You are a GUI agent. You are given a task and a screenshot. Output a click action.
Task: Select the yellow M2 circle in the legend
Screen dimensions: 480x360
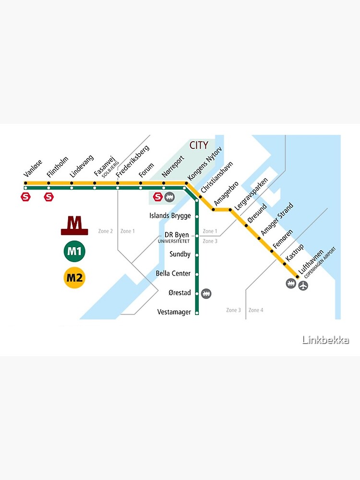point(74,278)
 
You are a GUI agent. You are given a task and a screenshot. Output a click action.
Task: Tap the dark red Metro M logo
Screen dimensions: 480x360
point(74,226)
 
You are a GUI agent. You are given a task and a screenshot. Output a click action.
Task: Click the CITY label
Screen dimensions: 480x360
point(199,145)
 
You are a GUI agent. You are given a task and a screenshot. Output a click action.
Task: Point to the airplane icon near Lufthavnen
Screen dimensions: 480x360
point(303,286)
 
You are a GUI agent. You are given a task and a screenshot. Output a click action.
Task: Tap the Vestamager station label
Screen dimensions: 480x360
point(174,312)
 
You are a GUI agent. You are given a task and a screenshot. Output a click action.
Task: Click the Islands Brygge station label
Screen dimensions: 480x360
point(170,216)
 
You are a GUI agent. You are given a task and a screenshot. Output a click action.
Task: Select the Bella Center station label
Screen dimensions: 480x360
point(173,274)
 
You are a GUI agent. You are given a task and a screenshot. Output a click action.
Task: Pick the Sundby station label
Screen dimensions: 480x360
point(180,254)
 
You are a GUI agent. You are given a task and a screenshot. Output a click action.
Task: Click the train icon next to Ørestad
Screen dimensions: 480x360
point(207,293)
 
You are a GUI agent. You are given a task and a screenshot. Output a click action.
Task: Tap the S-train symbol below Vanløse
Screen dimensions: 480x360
point(25,197)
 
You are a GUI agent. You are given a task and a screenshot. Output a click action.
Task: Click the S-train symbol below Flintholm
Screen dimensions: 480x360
point(48,197)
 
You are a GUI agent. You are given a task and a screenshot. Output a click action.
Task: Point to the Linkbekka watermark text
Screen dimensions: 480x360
point(325,340)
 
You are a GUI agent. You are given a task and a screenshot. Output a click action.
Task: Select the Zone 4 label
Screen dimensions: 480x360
point(256,311)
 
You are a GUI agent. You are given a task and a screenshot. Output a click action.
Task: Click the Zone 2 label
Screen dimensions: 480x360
point(106,231)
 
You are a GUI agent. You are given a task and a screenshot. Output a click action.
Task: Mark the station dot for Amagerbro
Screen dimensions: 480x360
point(214,210)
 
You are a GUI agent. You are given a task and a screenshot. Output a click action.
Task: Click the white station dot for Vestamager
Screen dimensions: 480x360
point(197,312)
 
